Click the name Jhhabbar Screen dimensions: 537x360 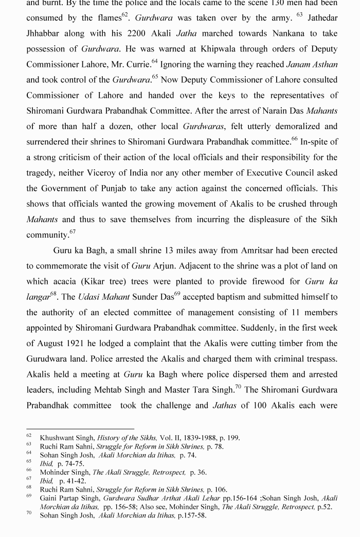pyautogui.click(x=45, y=33)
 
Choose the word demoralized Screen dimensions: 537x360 pyautogui.click(x=290, y=126)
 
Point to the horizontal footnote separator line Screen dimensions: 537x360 pyautogui.click(x=80, y=428)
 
